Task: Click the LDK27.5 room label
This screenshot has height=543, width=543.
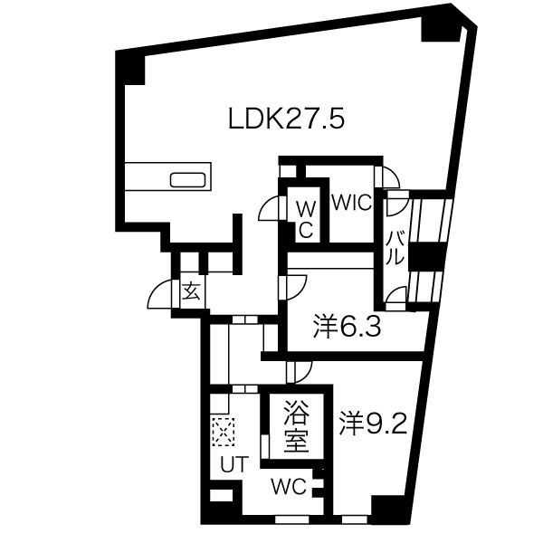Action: coord(286,119)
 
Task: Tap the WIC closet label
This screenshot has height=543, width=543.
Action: coord(352,203)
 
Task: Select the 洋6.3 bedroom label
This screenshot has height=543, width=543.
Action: coord(347,326)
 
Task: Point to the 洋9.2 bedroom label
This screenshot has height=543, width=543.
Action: coord(373,424)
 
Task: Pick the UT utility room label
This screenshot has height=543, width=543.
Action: coord(234,464)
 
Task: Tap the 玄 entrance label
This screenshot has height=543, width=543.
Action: coord(192,291)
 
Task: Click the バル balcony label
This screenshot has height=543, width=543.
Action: coord(395,248)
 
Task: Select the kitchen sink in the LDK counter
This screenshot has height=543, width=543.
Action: coord(187,180)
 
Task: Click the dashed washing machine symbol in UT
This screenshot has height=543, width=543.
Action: coord(224,432)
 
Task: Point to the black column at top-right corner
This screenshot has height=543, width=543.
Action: coord(442,28)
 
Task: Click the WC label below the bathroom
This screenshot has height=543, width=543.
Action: coord(289,487)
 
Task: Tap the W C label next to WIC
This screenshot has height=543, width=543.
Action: coord(306,220)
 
